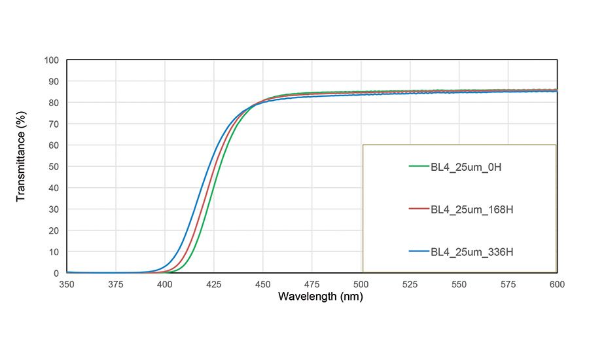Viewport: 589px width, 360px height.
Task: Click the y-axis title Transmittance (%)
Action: click(21, 166)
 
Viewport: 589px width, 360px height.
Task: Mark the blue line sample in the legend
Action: click(418, 252)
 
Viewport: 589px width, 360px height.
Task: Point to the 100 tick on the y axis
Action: click(52, 60)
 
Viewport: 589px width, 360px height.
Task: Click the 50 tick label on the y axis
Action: click(54, 167)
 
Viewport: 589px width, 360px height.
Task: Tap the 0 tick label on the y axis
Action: click(56, 273)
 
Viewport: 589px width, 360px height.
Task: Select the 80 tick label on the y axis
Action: click(54, 103)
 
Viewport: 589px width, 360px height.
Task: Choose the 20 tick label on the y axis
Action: click(54, 230)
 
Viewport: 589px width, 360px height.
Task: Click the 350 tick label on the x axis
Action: click(67, 285)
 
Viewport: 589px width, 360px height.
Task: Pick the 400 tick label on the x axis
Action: click(165, 285)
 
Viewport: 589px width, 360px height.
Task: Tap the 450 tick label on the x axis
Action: click(263, 285)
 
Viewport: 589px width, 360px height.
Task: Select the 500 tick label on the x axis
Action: click(361, 285)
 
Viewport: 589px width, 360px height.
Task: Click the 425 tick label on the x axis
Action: click(214, 285)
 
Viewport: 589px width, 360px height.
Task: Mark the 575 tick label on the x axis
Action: click(508, 285)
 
